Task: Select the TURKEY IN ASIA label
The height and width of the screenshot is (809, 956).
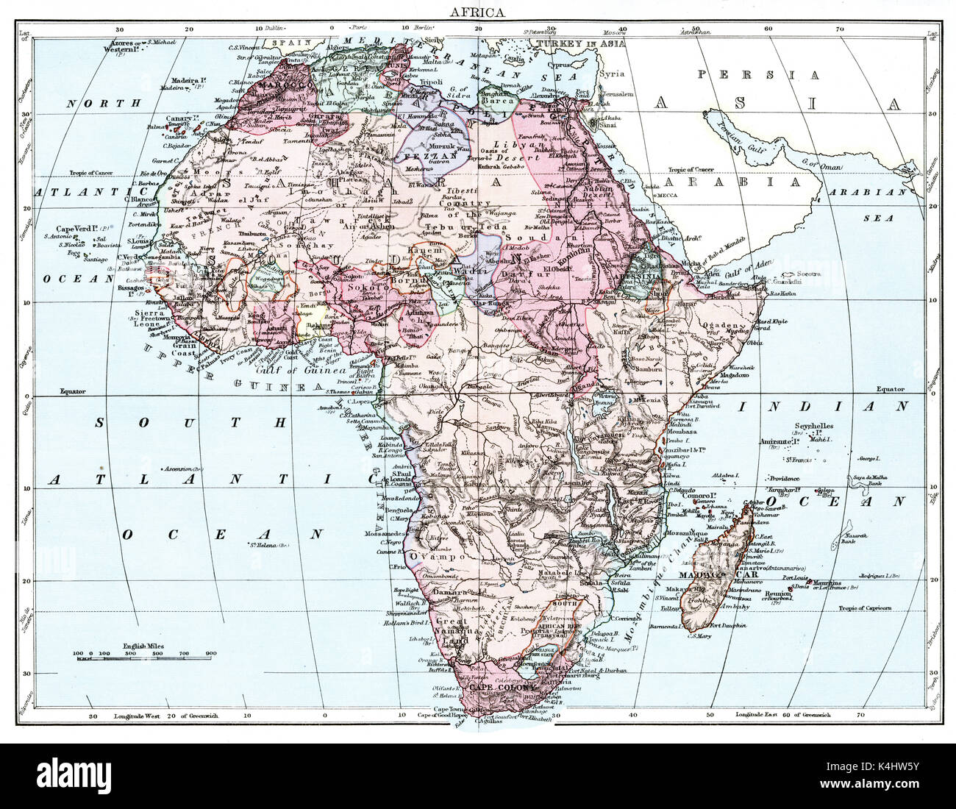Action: click(581, 43)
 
